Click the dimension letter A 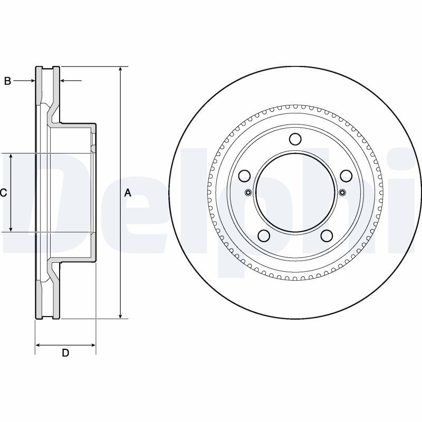(127, 193)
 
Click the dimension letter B (7, 81)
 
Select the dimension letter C (3, 193)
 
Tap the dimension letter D (65, 353)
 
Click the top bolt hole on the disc (295, 139)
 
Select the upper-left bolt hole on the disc (244, 176)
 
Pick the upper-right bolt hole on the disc (347, 176)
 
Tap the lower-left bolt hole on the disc (264, 236)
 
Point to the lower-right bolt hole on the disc (327, 236)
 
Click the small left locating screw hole (249, 193)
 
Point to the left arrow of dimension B (32, 81)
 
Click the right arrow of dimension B (63, 81)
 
